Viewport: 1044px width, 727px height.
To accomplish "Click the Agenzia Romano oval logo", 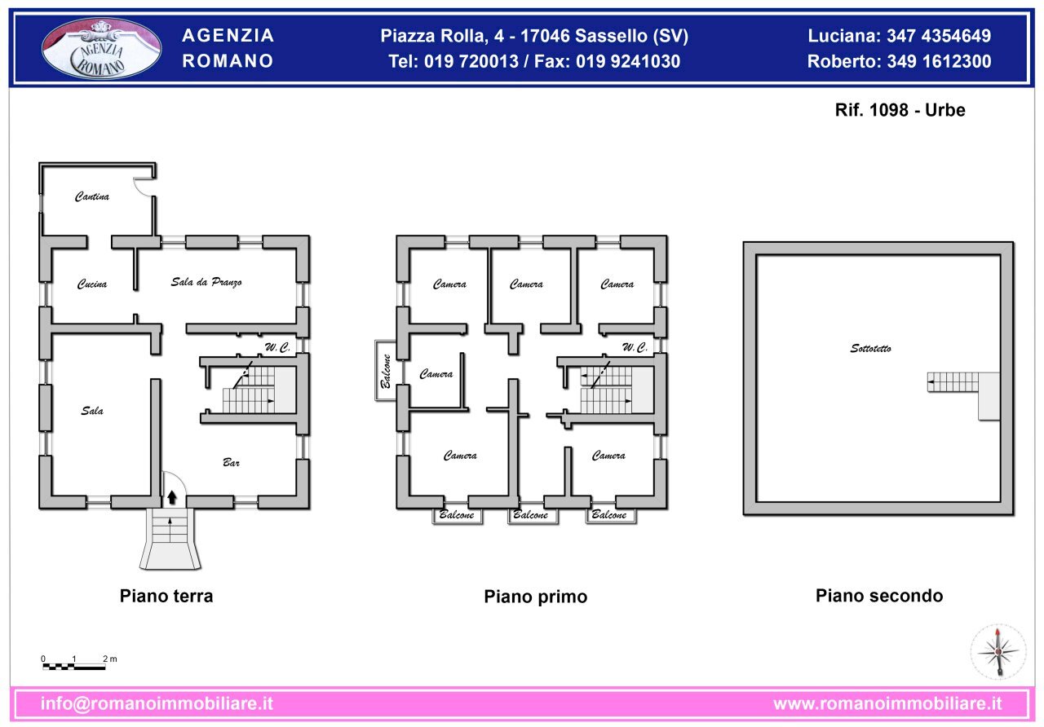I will coord(101,49).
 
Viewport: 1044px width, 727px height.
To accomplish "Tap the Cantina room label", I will coord(92,196).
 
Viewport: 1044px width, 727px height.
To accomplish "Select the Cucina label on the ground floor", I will coord(92,284).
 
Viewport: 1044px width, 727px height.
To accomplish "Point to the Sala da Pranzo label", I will coord(206,282).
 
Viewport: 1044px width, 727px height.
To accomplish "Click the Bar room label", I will coord(232,463).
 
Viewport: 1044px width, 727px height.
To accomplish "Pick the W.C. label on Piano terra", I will coord(277,348).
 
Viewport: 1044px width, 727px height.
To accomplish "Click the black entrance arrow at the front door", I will coord(171,494).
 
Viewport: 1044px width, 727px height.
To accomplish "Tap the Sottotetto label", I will coord(870,349).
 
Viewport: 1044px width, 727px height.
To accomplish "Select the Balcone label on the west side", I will coord(386,371).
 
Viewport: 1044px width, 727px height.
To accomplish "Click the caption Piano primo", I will coord(535,597).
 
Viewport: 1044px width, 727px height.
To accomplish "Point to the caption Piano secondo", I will coord(878,596).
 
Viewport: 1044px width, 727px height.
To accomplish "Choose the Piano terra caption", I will coord(166,596).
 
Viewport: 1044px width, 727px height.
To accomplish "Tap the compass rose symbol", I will coord(998,651).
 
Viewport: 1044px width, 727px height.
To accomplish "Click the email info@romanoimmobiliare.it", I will coord(157,703).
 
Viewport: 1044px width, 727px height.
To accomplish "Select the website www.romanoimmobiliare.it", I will coord(887,703).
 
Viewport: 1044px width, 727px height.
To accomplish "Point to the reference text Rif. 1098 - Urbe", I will coord(900,110).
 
